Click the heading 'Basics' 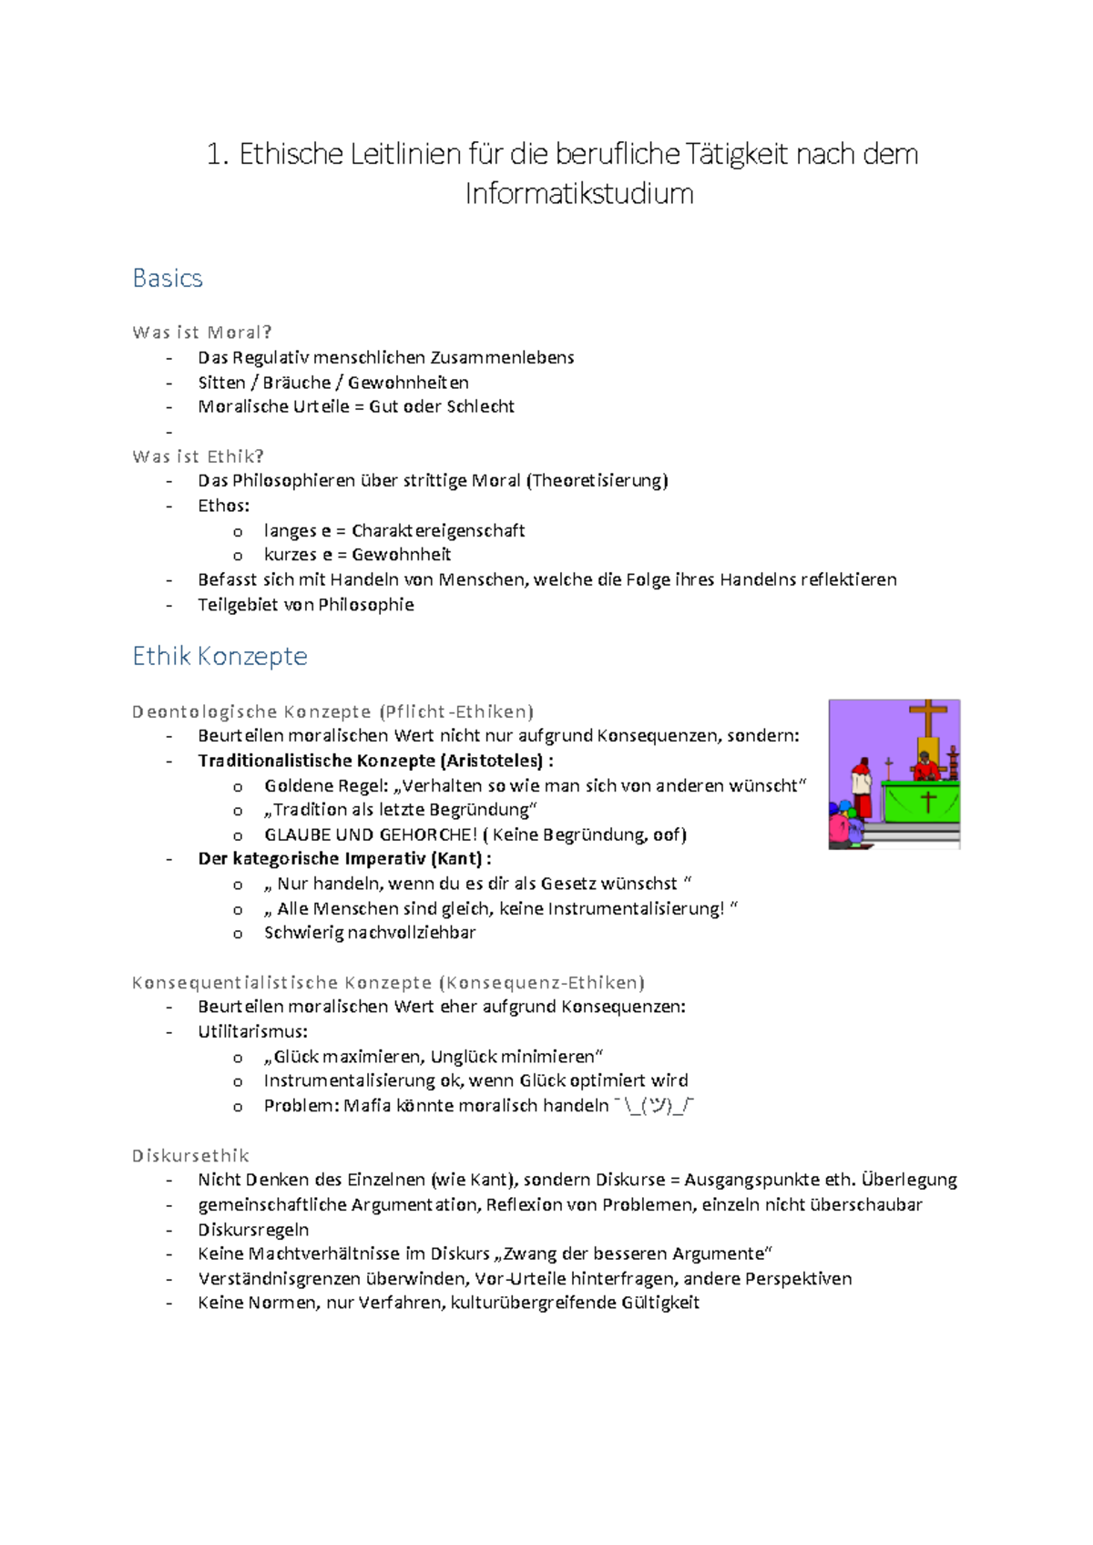click(x=168, y=278)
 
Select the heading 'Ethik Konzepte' click(x=220, y=656)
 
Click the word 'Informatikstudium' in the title click(x=578, y=194)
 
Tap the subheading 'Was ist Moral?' click(x=202, y=333)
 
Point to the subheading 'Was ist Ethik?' click(x=198, y=456)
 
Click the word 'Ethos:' click(x=223, y=506)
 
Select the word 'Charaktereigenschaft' click(x=438, y=530)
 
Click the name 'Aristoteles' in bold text click(x=493, y=761)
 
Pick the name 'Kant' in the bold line click(x=456, y=858)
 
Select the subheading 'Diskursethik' click(x=190, y=1156)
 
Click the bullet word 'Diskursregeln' click(x=253, y=1230)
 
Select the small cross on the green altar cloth click(x=927, y=802)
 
